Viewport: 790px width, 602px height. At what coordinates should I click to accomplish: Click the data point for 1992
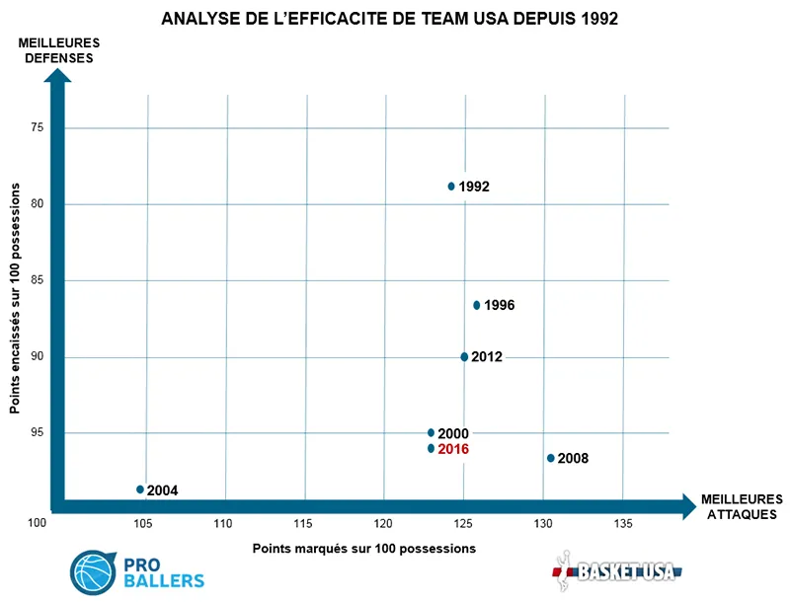click(451, 186)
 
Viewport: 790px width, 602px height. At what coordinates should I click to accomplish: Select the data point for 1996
click(477, 305)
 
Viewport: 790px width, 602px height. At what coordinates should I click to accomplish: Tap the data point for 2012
click(464, 356)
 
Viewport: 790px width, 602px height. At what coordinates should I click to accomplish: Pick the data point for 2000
click(431, 432)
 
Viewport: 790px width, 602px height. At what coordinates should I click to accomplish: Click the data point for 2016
click(431, 448)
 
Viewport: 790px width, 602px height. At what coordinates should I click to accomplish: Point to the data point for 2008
click(551, 458)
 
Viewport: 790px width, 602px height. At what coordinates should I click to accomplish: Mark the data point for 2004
click(140, 489)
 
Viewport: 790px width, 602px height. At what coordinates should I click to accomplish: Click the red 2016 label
click(453, 449)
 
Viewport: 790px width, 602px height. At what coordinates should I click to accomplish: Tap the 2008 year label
click(574, 459)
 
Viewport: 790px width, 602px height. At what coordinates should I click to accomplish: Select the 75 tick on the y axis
click(37, 127)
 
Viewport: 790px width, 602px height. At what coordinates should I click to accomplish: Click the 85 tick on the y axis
click(37, 280)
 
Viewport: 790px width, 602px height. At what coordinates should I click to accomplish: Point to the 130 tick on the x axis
click(543, 522)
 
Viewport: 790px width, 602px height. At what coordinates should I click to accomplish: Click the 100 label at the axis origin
click(37, 523)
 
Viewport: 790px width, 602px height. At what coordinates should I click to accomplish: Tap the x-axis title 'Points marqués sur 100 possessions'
click(364, 548)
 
